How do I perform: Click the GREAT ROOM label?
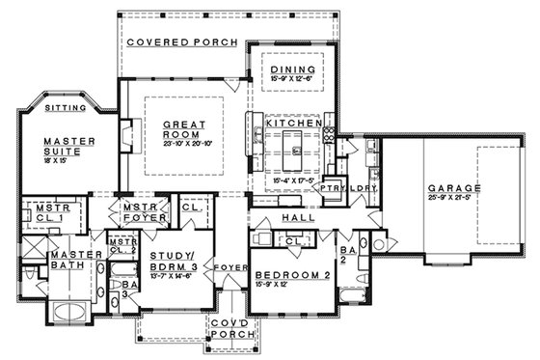(180, 130)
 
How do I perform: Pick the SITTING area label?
(67, 109)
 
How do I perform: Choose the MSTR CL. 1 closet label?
(49, 213)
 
